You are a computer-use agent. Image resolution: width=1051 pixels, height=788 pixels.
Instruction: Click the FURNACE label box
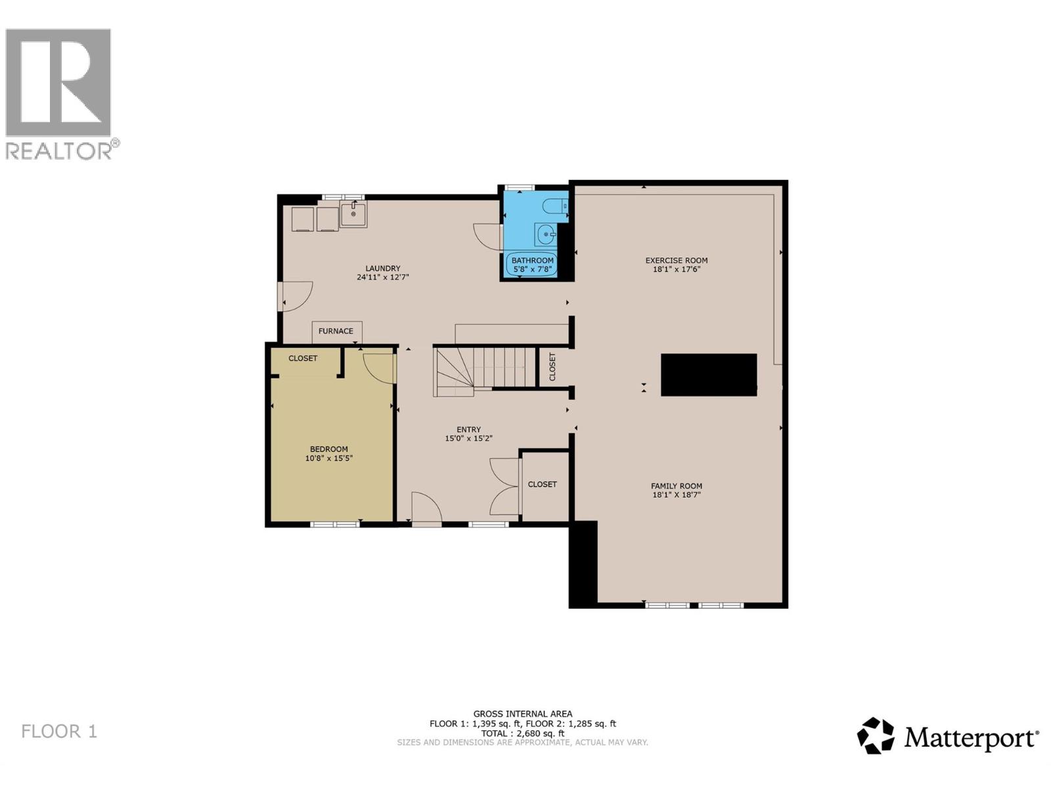336,332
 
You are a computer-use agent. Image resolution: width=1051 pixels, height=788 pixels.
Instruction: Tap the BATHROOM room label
533,261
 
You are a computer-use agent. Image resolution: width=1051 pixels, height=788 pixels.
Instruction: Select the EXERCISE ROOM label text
676,261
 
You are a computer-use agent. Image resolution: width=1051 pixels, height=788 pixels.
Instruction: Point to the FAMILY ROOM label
676,487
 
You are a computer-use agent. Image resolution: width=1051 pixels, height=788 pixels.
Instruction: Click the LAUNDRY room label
382,269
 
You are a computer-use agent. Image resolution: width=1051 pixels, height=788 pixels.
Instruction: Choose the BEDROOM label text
328,450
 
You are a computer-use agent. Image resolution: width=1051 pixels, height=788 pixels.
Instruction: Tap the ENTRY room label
468,430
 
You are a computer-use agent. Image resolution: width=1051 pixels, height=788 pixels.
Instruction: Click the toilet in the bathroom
555,206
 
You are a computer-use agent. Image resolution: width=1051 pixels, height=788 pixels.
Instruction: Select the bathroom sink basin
545,234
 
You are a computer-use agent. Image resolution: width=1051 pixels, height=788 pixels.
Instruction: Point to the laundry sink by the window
353,214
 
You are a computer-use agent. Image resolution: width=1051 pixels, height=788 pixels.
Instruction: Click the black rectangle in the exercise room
708,375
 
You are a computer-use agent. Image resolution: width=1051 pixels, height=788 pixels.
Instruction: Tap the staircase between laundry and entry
486,371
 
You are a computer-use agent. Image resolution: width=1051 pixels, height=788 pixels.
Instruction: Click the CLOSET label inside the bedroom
303,359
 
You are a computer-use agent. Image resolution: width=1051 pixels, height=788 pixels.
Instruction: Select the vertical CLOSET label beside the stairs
552,366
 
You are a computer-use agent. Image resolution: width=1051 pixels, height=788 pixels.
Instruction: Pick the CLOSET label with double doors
542,485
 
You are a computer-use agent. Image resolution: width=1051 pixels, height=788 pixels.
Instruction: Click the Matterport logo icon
876,735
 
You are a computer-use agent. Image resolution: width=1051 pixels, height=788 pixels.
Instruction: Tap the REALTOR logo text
59,150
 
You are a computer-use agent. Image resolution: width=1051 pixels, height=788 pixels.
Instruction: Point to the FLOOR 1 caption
59,732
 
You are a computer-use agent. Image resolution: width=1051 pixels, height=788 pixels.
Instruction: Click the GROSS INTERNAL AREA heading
522,714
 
